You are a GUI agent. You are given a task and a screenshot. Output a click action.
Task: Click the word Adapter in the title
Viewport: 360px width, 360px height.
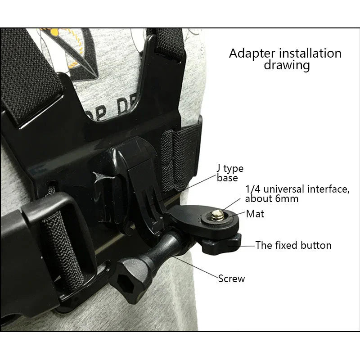[250, 54]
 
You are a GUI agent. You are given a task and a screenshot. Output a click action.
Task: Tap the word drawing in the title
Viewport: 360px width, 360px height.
[287, 66]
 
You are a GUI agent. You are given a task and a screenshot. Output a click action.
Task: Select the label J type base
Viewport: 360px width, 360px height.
[230, 173]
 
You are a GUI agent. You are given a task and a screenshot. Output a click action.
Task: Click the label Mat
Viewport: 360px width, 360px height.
[255, 213]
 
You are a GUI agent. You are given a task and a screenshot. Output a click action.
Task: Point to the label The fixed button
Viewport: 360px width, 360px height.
[293, 245]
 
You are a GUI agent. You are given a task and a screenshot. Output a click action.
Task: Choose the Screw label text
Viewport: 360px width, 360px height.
[231, 279]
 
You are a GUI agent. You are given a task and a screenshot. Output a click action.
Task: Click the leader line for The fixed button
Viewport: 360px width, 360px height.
[247, 246]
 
